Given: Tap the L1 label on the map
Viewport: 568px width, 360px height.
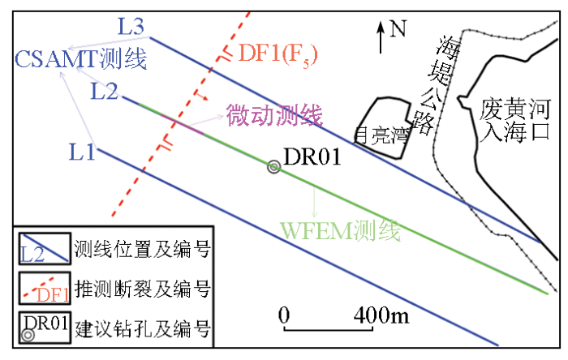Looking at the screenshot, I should tap(82, 151).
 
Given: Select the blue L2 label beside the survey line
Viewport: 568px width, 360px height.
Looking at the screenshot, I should tap(105, 90).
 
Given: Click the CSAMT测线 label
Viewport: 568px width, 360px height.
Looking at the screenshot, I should tap(80, 58).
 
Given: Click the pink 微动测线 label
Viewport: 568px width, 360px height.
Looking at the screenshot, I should tap(273, 115).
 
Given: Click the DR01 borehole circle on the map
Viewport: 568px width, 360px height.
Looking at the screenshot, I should tap(273, 167).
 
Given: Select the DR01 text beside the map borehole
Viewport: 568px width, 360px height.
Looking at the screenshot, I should tap(311, 158).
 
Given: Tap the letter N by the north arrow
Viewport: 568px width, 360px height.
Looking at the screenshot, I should tap(397, 29).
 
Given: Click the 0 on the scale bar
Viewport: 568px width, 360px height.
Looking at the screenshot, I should tap(284, 315).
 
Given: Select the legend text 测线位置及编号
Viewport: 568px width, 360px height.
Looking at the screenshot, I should tap(143, 249).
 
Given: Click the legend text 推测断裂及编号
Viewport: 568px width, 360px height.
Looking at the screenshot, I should tap(143, 289).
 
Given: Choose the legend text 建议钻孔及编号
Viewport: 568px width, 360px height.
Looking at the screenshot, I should tap(143, 328).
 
